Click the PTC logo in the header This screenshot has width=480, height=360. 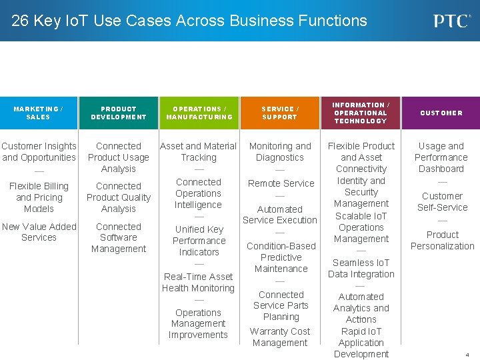coord(452,21)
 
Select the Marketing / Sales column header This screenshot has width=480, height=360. coord(39,113)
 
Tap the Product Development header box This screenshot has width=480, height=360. coord(119,113)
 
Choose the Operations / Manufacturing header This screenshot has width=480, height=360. coord(199,113)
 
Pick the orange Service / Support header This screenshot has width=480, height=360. coord(280,113)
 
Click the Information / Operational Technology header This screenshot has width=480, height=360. coord(361,113)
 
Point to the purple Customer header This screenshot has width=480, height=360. coord(441,113)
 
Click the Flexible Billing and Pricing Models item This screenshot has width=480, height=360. coord(39,197)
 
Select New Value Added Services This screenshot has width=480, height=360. coord(39,232)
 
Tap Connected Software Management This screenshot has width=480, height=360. coord(119,238)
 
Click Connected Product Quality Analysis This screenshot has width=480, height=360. coord(119,197)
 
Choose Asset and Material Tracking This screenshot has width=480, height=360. coord(199,151)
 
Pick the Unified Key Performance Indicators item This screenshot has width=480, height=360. coord(199,241)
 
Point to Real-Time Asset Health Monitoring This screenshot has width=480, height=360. coord(199,282)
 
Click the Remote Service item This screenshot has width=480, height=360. coord(281,183)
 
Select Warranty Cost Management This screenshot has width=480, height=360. coord(280,337)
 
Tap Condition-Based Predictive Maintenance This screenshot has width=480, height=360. coord(281,257)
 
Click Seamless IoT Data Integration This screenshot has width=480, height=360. coord(361,268)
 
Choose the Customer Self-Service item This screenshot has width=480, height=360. coord(441,201)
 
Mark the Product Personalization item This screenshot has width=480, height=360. coord(442,240)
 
